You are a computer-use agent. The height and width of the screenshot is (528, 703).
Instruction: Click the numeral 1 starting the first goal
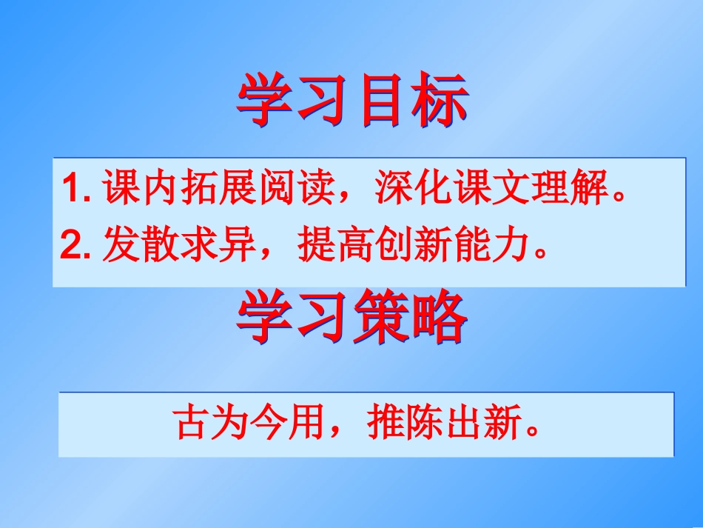pos(71,189)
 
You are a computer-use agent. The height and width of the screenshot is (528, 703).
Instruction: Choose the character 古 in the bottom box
pos(190,424)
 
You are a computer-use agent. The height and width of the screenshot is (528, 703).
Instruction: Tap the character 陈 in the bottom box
pos(415,424)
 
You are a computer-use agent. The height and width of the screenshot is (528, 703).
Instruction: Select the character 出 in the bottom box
pos(448,424)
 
